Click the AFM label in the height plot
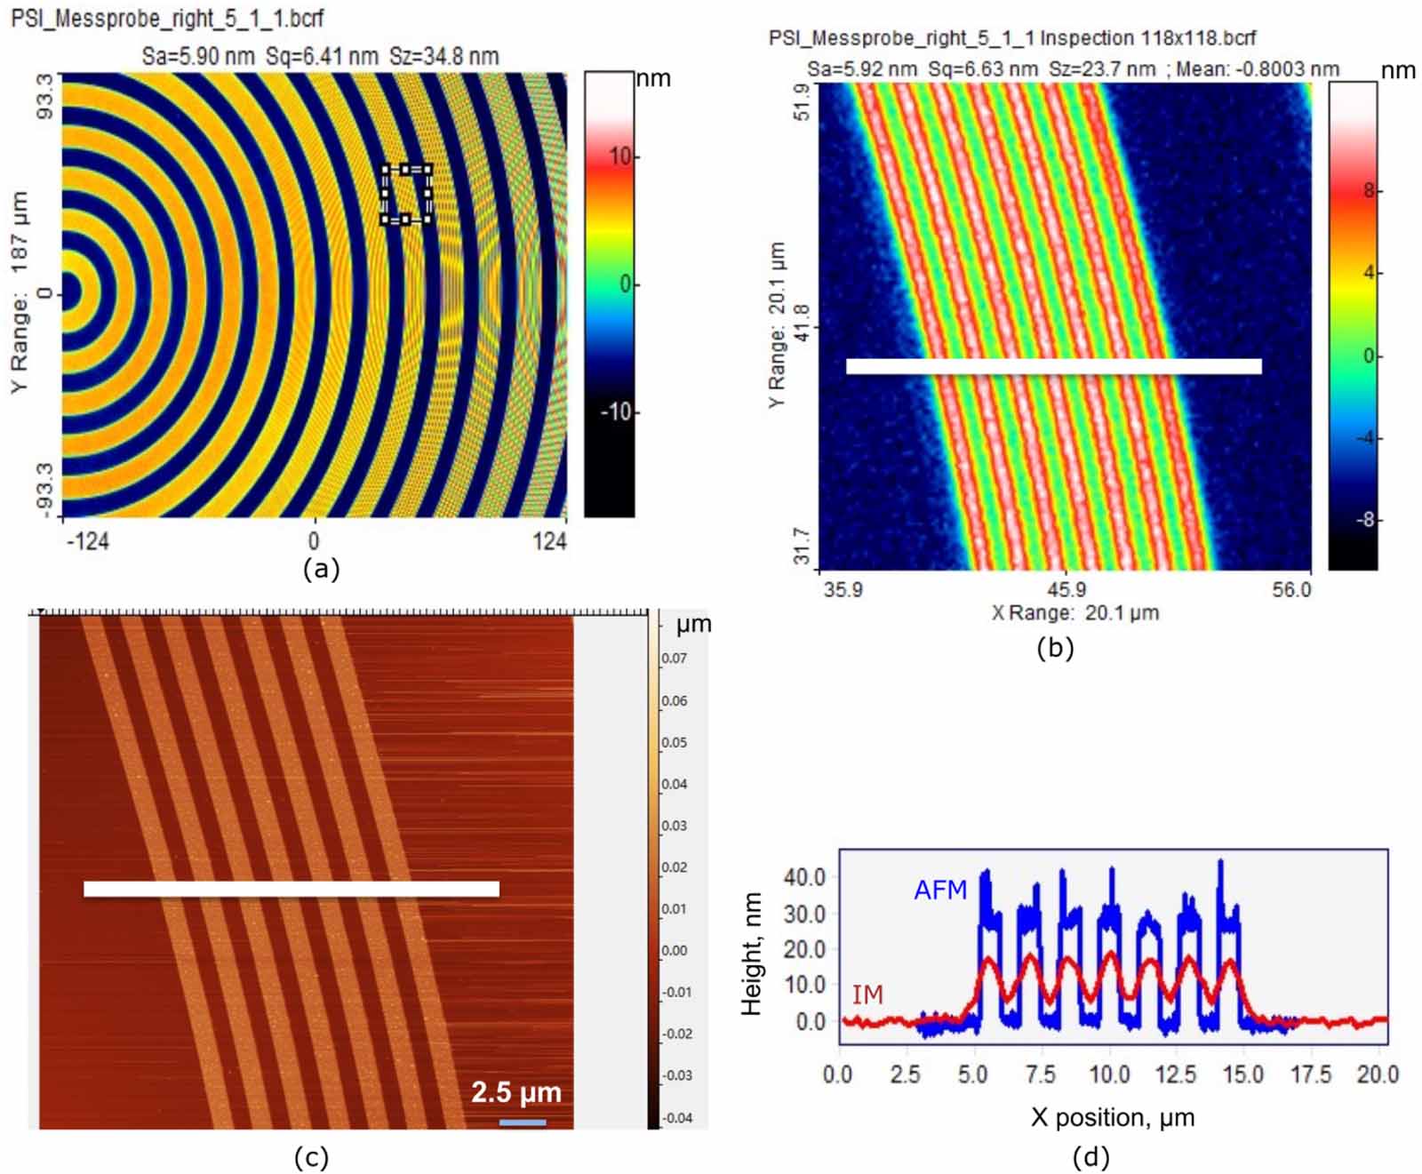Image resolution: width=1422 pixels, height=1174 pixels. pyautogui.click(x=939, y=890)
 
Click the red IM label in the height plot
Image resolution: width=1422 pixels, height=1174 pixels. pyautogui.click(x=867, y=994)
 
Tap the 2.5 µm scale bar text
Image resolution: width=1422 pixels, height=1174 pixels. pyautogui.click(x=515, y=1092)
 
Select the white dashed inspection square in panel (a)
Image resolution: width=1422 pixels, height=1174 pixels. pyautogui.click(x=406, y=194)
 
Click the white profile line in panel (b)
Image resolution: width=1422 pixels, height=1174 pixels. pyautogui.click(x=1053, y=366)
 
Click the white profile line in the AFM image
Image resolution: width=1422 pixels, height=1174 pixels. pyautogui.click(x=292, y=889)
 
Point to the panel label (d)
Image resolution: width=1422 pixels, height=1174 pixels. pyautogui.click(x=1090, y=1156)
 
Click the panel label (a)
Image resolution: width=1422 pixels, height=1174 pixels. pyautogui.click(x=321, y=569)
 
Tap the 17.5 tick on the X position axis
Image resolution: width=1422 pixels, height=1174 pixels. pyautogui.click(x=1310, y=1075)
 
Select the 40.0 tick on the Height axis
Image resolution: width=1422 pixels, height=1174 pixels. pyautogui.click(x=804, y=877)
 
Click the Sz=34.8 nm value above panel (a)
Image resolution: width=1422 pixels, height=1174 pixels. pyautogui.click(x=443, y=56)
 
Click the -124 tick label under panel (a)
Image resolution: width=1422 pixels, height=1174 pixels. pyautogui.click(x=87, y=540)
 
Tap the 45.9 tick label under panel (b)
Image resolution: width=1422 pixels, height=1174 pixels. pyautogui.click(x=1066, y=590)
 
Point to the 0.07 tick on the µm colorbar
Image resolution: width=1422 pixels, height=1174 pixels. pyautogui.click(x=674, y=659)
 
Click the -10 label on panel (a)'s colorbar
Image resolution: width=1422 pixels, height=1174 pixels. pyautogui.click(x=614, y=412)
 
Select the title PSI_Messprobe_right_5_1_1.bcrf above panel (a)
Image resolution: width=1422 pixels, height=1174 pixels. pyautogui.click(x=167, y=18)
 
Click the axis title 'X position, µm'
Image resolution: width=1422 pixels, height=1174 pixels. pyautogui.click(x=1112, y=1117)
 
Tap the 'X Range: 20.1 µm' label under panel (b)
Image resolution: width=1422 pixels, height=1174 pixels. pyautogui.click(x=1074, y=612)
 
